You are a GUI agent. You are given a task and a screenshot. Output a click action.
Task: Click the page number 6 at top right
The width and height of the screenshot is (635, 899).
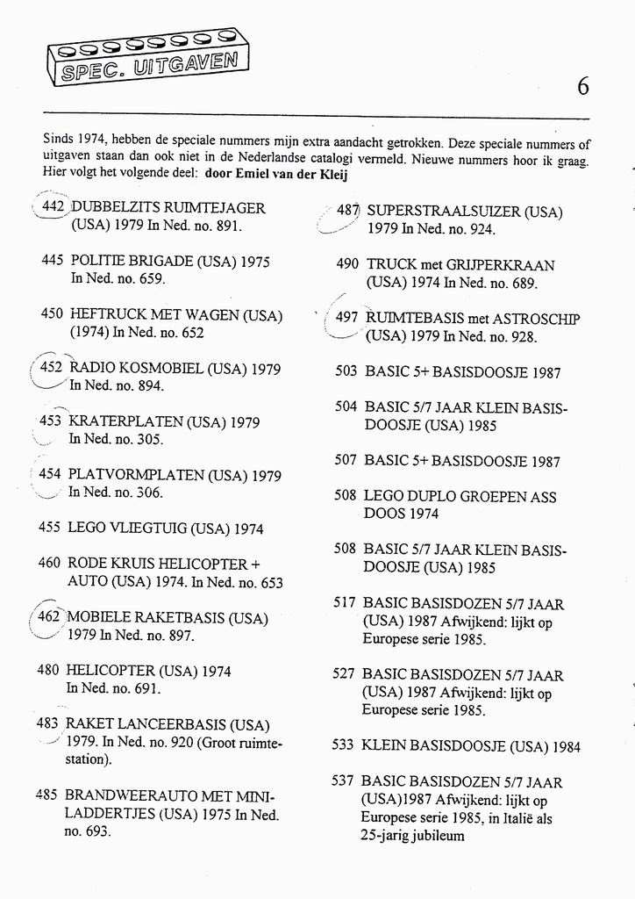583,86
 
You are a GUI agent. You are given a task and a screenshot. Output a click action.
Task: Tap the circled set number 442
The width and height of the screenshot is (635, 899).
54,208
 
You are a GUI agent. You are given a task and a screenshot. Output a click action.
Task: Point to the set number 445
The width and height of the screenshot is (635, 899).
53,262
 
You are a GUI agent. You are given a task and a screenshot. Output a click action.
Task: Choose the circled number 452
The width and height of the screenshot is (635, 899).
52,368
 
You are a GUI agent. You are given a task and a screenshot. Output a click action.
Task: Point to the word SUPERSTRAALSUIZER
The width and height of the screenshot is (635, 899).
444,212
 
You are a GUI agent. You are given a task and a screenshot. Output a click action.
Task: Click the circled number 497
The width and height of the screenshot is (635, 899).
347,318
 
